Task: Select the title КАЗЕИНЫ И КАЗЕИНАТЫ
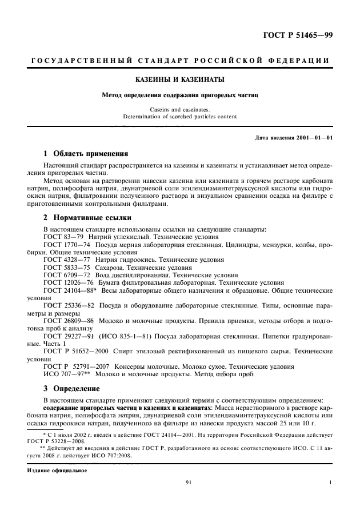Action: (179, 79)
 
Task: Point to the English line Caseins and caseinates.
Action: (179, 109)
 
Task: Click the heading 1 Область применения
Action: (86, 154)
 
